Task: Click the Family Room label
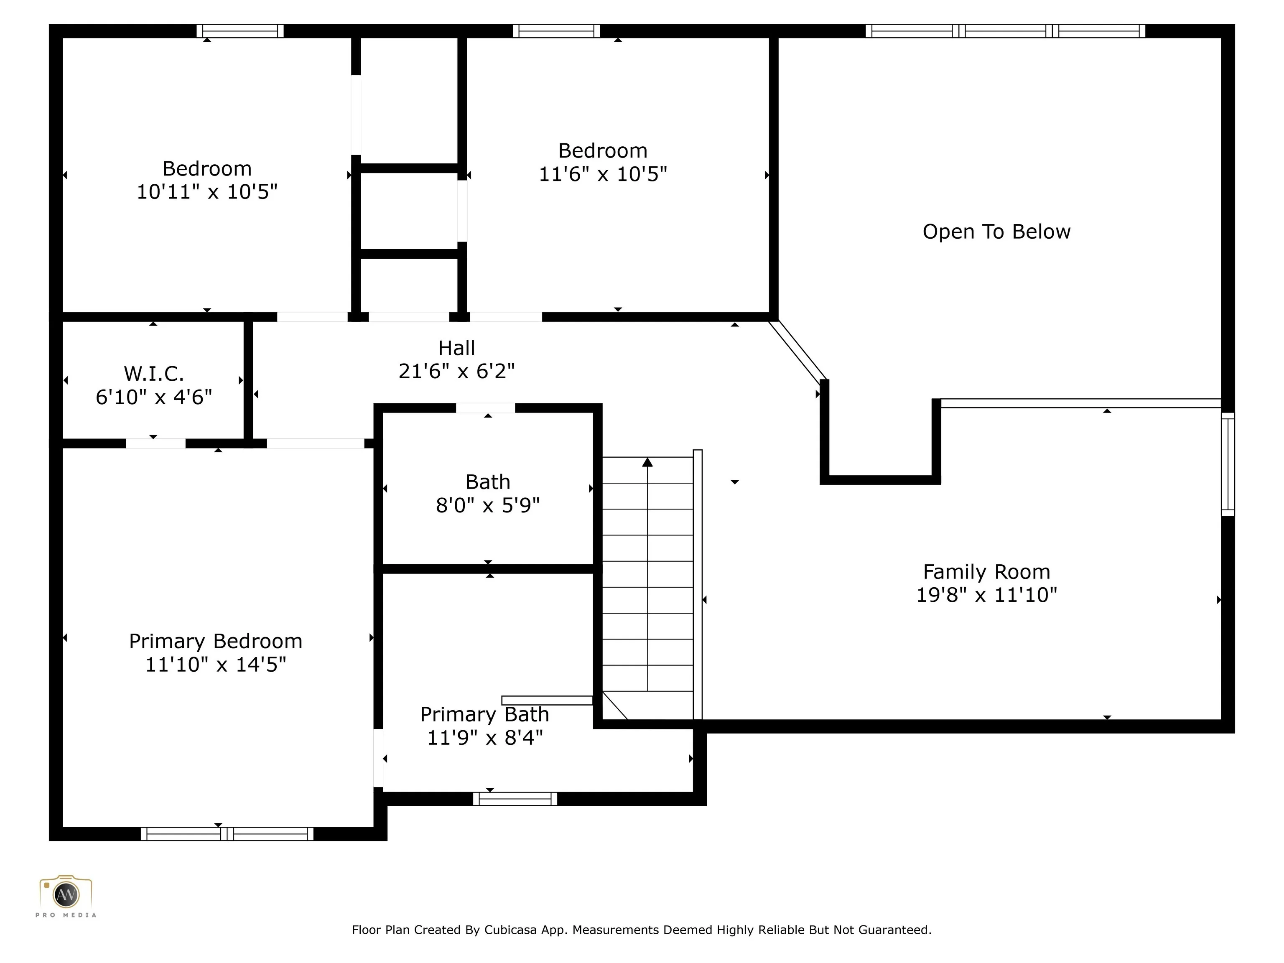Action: pyautogui.click(x=986, y=572)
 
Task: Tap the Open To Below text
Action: pyautogui.click(x=996, y=232)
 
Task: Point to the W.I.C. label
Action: pyautogui.click(x=154, y=374)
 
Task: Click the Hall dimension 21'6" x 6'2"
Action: pyautogui.click(x=456, y=371)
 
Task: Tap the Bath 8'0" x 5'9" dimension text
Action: pyautogui.click(x=488, y=505)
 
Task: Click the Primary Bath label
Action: pyautogui.click(x=485, y=714)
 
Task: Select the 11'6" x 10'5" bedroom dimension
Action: pyautogui.click(x=603, y=173)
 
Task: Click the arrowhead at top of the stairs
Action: pyautogui.click(x=647, y=462)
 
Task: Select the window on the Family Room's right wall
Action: pyautogui.click(x=1228, y=464)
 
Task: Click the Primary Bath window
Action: pyautogui.click(x=515, y=799)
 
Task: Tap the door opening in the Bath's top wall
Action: pyautogui.click(x=485, y=408)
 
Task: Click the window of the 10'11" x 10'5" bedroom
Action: pyautogui.click(x=240, y=31)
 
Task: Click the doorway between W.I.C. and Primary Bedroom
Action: pyautogui.click(x=155, y=443)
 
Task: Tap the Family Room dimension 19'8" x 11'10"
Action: pyautogui.click(x=986, y=595)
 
